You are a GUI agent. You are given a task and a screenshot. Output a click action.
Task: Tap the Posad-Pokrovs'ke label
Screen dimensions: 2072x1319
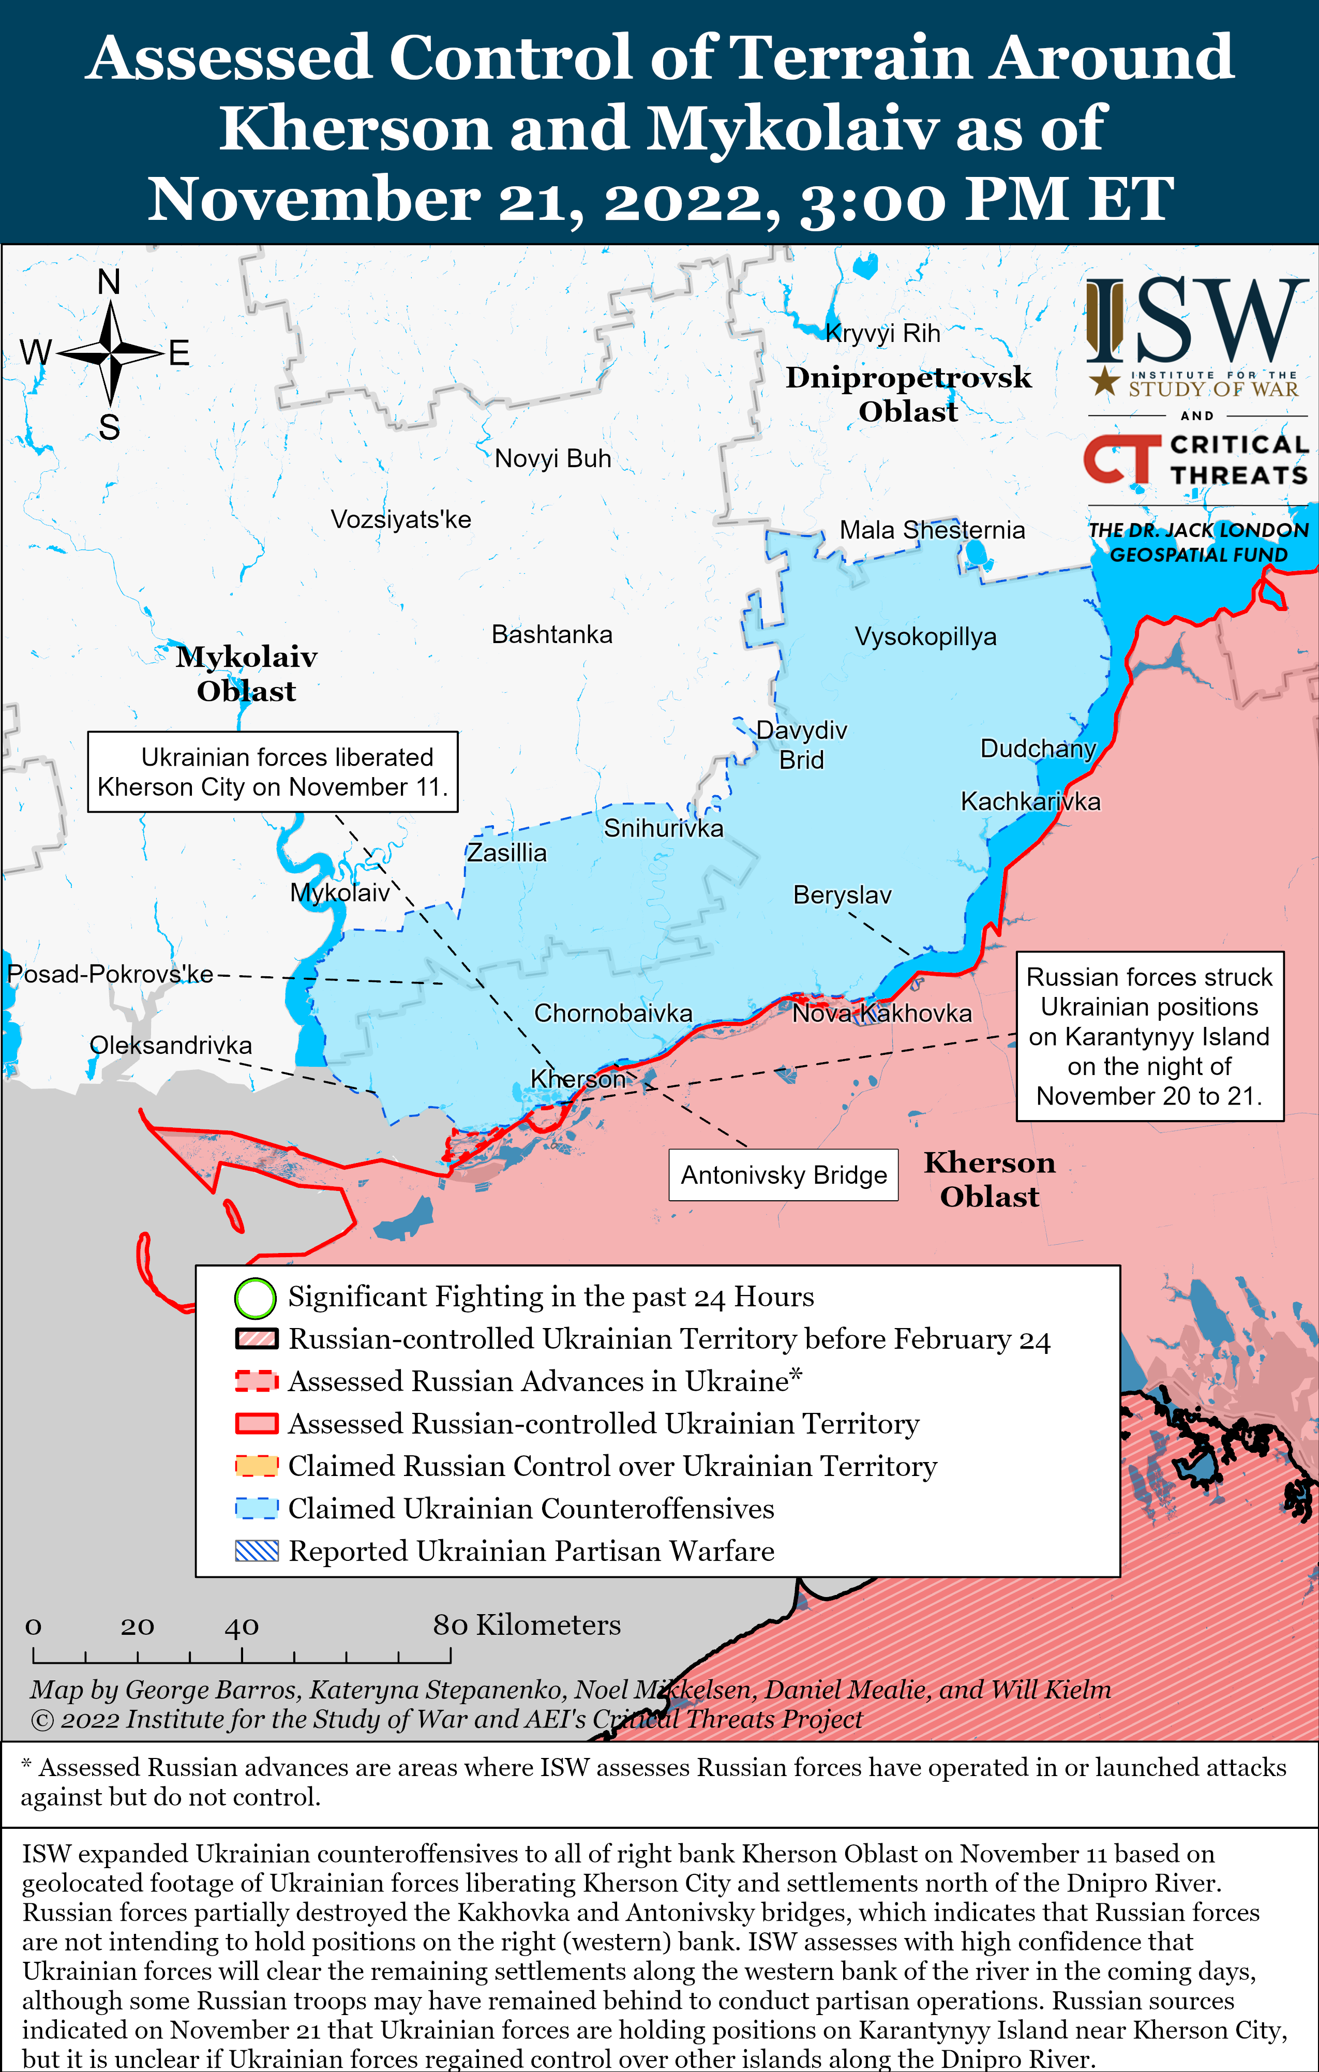coord(110,974)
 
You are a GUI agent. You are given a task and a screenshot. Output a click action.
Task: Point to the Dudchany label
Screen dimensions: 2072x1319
coord(1038,749)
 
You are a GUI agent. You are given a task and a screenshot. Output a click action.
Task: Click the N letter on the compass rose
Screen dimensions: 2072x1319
coord(109,281)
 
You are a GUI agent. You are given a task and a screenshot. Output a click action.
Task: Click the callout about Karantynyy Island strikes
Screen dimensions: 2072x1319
coord(1149,1036)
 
